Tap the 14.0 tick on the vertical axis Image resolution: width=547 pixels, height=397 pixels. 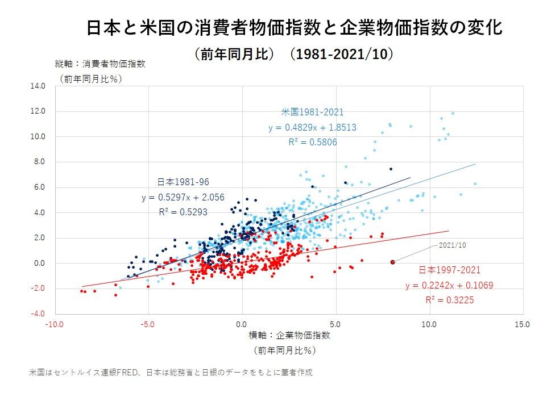click(38, 86)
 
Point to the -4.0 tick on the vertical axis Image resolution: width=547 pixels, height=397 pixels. click(38, 314)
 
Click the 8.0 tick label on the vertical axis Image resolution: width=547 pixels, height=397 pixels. click(40, 162)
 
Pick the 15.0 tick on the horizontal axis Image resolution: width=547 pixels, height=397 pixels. click(523, 325)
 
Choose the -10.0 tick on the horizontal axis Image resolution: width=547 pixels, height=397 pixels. click(55, 325)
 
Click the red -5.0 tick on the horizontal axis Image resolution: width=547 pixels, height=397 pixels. click(148, 325)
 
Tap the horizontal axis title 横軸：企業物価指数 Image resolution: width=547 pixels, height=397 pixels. click(289, 335)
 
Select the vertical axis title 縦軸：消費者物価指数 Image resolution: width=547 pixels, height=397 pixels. click(100, 64)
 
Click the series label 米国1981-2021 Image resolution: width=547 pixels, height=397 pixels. click(312, 112)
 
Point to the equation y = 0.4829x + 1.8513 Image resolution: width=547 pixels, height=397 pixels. click(312, 128)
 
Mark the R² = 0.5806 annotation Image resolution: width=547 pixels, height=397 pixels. click(312, 143)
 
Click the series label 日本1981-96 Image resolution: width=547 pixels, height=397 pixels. click(183, 182)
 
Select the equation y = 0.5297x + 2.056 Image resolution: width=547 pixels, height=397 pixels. click(183, 198)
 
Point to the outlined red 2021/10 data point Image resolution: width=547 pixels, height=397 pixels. click(392, 262)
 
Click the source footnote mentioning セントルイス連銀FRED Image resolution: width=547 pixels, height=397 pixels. click(171, 373)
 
